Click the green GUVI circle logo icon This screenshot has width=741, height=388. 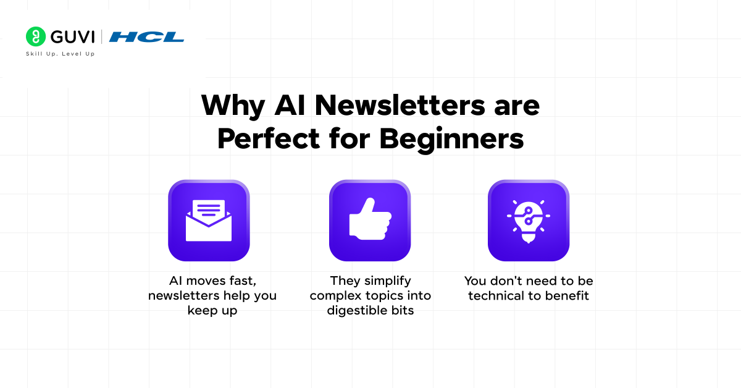click(x=36, y=36)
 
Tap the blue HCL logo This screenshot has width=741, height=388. click(x=147, y=37)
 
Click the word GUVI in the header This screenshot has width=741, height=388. click(x=72, y=36)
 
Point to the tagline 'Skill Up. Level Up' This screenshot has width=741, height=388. click(x=60, y=54)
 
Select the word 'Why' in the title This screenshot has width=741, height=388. click(x=233, y=106)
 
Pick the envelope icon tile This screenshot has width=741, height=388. click(x=209, y=221)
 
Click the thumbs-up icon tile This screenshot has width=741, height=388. click(x=370, y=221)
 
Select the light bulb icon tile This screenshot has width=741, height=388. click(x=529, y=221)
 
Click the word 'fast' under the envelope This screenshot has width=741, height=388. click(x=243, y=281)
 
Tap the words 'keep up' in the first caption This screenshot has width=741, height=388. click(x=212, y=311)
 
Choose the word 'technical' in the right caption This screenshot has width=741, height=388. click(x=498, y=296)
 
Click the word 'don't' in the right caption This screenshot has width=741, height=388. click(x=504, y=281)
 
